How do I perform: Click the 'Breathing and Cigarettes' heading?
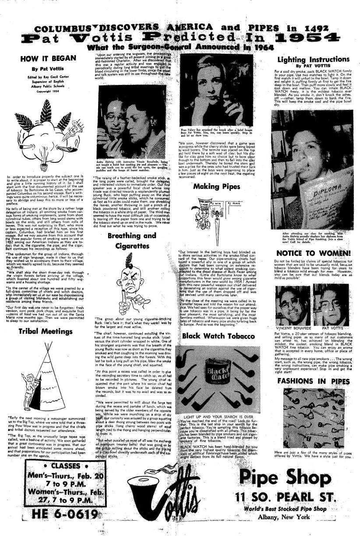point(132,241)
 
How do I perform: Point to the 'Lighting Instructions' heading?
point(314,60)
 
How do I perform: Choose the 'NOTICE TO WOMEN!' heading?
point(313,253)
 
